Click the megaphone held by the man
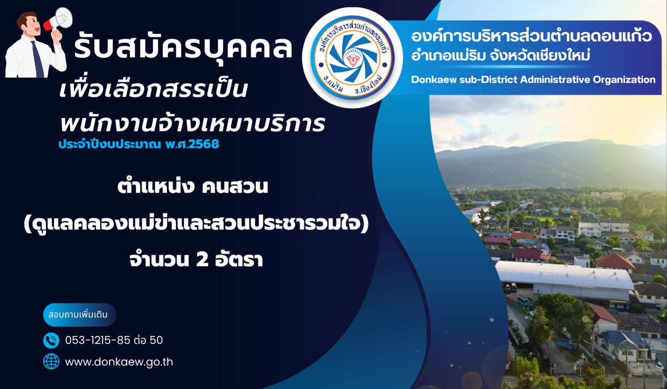(58, 19)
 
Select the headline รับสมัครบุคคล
(183, 46)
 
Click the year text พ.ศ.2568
(192, 144)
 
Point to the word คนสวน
(235, 187)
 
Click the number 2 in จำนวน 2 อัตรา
(202, 260)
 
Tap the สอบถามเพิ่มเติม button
(80, 315)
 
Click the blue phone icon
(51, 340)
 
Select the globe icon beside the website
(51, 362)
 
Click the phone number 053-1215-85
(97, 340)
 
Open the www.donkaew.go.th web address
(119, 362)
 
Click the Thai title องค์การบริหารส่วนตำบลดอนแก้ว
(531, 37)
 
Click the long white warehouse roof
(564, 275)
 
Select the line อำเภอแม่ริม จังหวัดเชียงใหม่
(500, 56)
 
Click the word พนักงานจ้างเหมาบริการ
(192, 123)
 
